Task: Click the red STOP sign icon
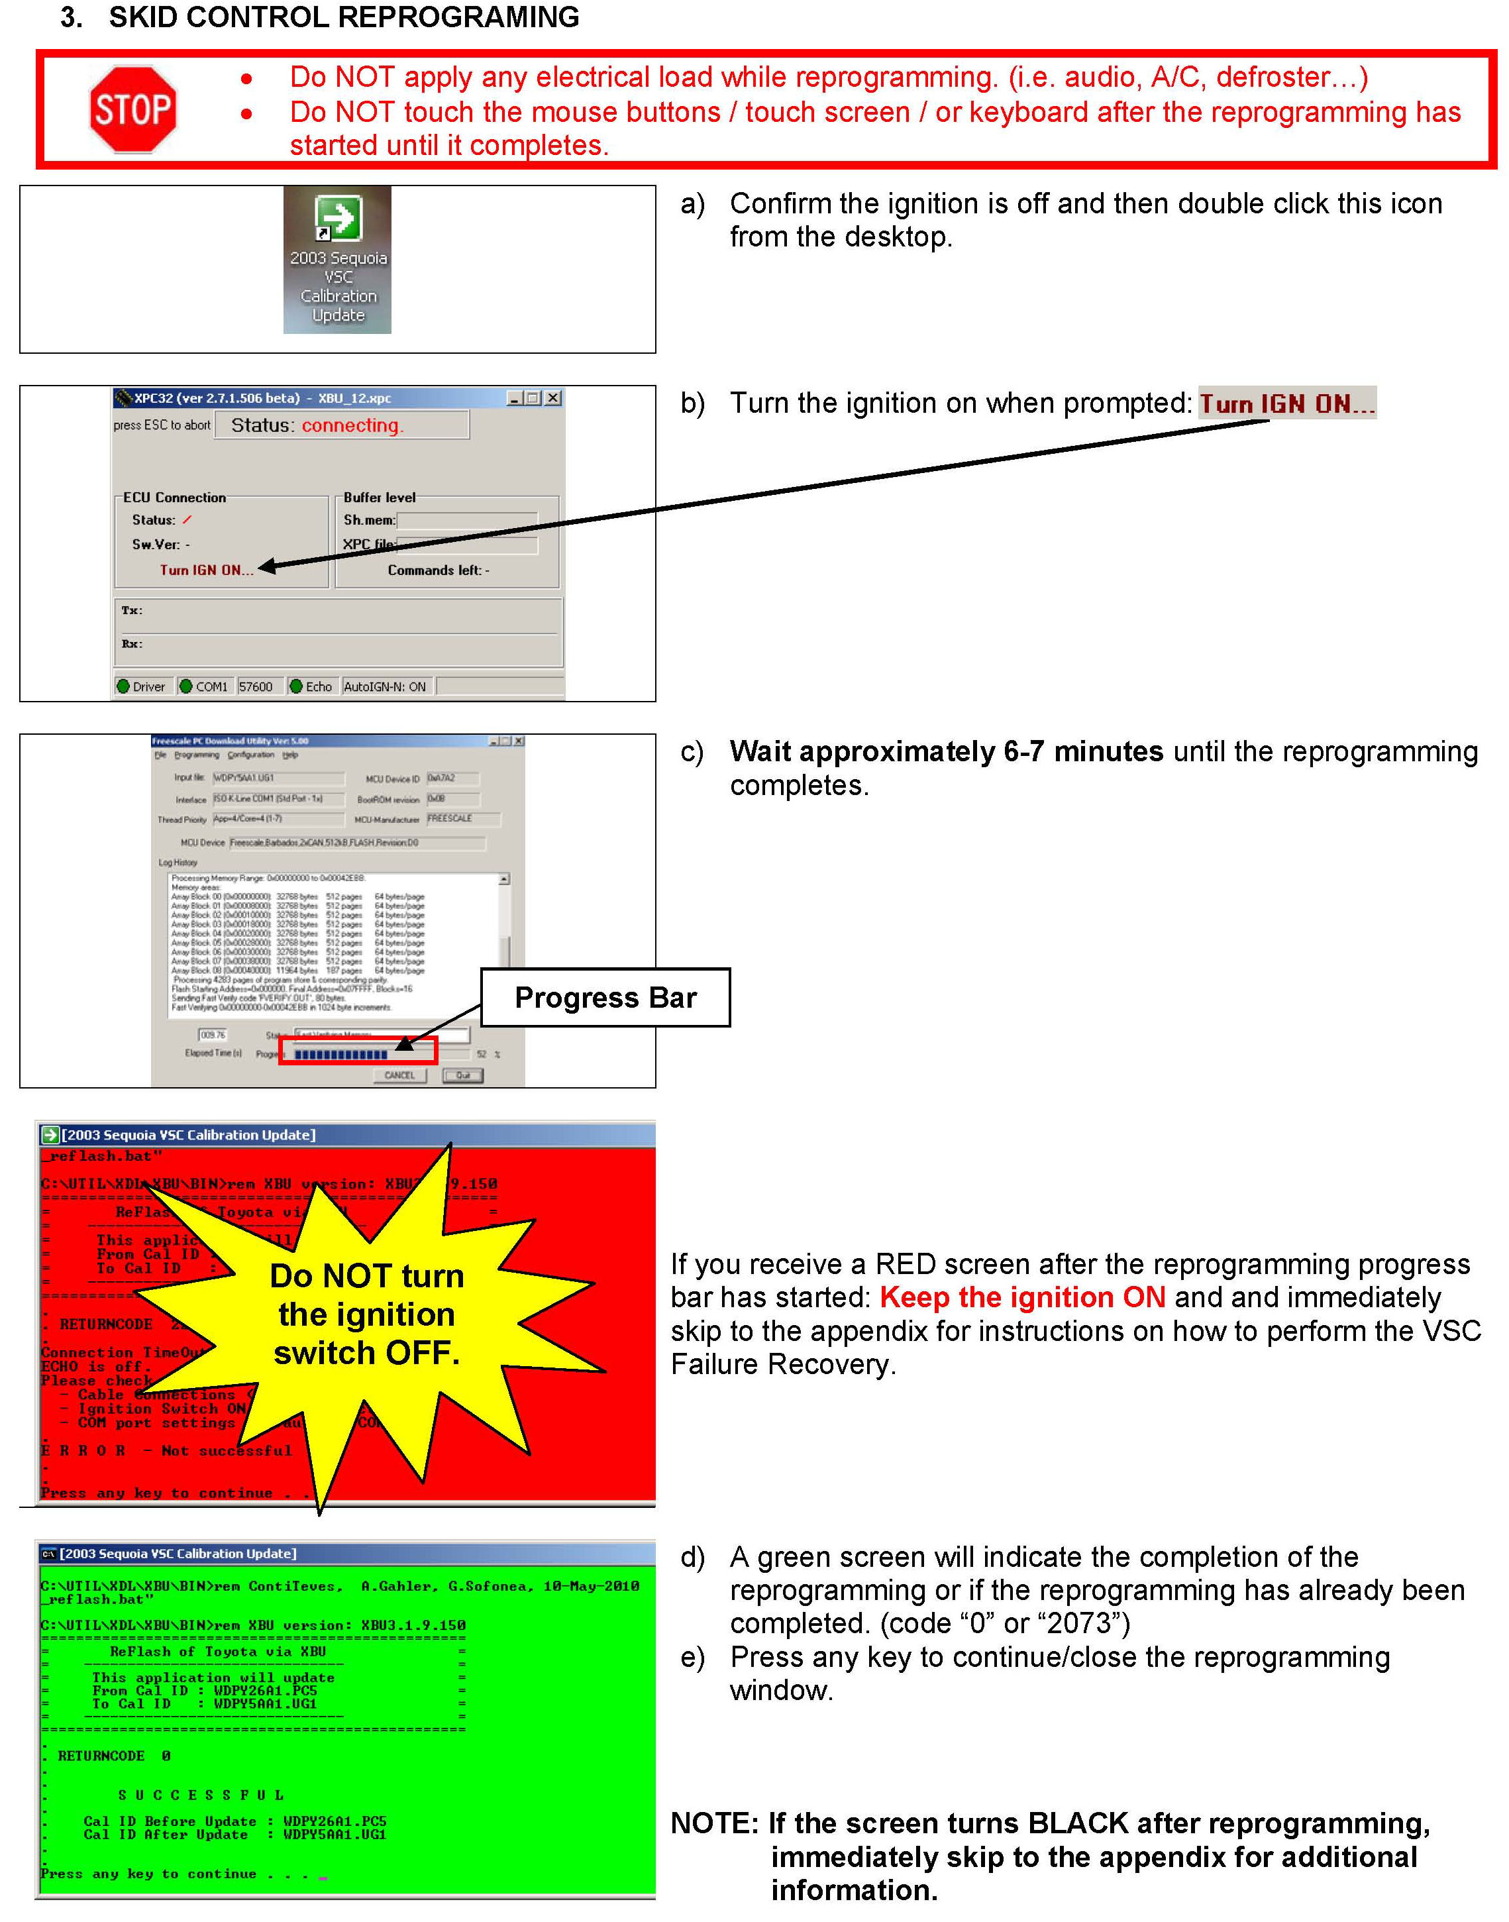pos(132,109)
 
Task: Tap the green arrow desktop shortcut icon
pos(337,217)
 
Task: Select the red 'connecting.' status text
pos(352,425)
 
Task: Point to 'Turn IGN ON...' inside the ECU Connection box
pos(207,570)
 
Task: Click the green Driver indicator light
pos(124,686)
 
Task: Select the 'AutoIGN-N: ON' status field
pos(386,686)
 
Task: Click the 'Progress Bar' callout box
pos(605,997)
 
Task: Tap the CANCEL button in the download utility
pos(399,1075)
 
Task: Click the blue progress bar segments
pos(341,1054)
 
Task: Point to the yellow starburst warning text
pos(366,1314)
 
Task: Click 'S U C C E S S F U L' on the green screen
pos(201,1795)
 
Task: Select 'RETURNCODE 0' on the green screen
pos(114,1756)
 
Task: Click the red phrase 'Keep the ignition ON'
pos(1022,1297)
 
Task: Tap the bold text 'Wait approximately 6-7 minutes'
pos(946,751)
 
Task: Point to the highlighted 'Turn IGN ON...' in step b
pos(1286,404)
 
